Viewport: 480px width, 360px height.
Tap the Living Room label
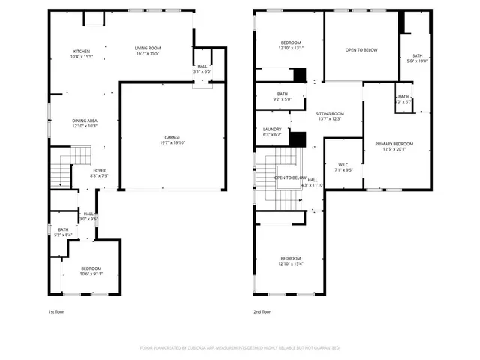pyautogui.click(x=148, y=51)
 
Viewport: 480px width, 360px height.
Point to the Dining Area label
pyautogui.click(x=84, y=123)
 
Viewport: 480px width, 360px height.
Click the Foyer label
pyautogui.click(x=99, y=173)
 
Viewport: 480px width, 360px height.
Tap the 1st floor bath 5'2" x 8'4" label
pyautogui.click(x=63, y=232)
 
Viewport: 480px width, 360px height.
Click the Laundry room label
pyautogui.click(x=272, y=132)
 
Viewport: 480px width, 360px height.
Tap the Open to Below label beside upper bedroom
pyautogui.click(x=361, y=50)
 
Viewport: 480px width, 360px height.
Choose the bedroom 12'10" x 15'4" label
pyautogui.click(x=290, y=261)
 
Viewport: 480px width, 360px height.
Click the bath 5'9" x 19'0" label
pyautogui.click(x=416, y=59)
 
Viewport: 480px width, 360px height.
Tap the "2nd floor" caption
pyautogui.click(x=262, y=311)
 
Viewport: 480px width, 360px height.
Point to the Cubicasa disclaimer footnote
pyautogui.click(x=240, y=348)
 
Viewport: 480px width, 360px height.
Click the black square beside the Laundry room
pyautogui.click(x=298, y=139)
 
